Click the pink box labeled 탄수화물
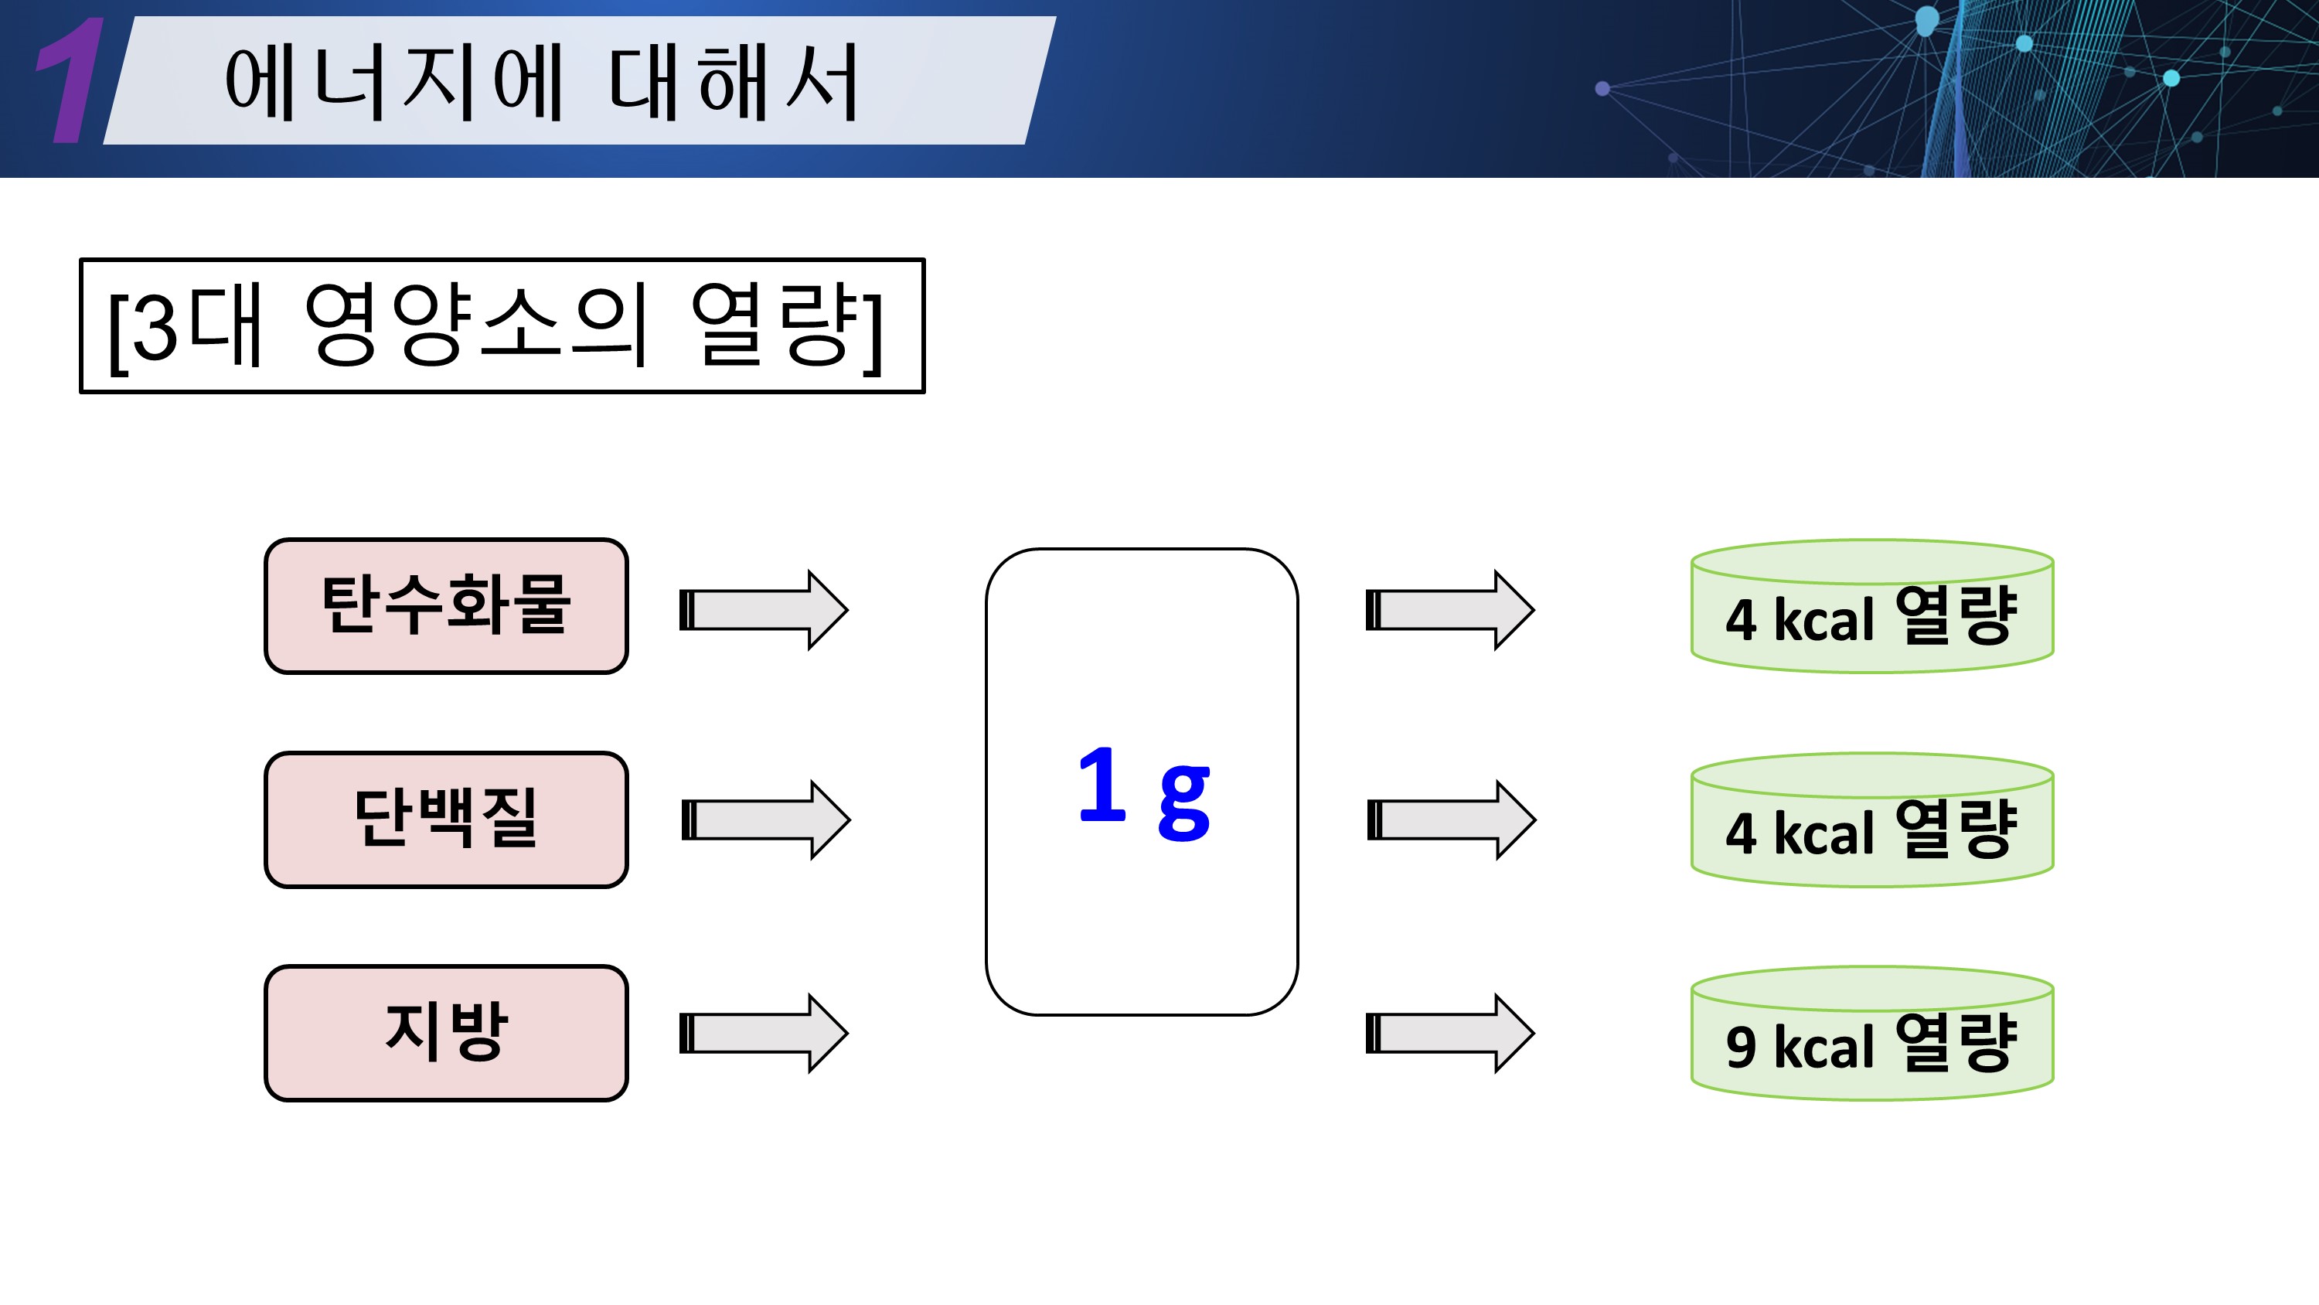pos(445,605)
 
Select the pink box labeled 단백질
pos(445,819)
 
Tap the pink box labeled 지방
pos(445,1032)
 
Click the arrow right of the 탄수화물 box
pos(764,610)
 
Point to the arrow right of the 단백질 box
pos(765,819)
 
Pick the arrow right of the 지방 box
pos(764,1033)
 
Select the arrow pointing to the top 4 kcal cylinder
pos(1449,610)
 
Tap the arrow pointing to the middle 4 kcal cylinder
pos(1451,819)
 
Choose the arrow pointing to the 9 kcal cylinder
pos(1449,1033)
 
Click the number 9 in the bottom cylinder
pos(1741,1047)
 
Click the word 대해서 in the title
pos(733,83)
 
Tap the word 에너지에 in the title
pos(394,83)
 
